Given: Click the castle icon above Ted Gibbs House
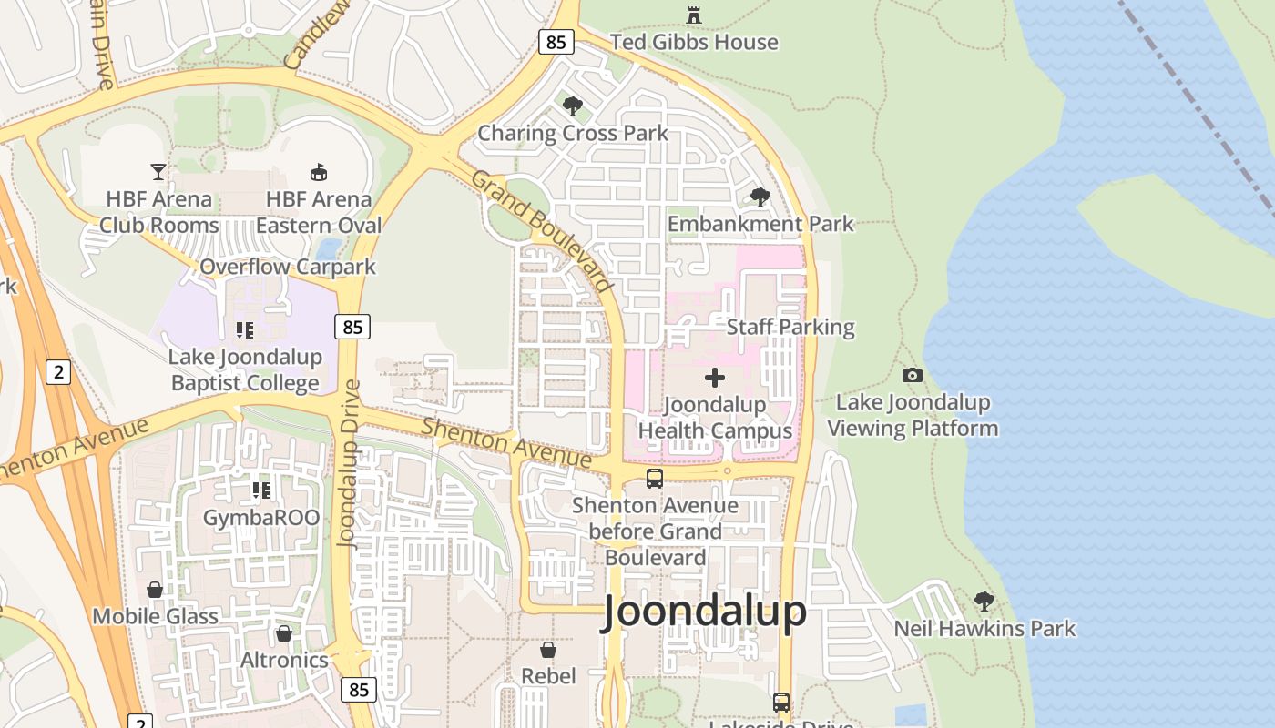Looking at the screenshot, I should pos(694,15).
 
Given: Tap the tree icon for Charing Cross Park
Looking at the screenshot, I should pos(573,106).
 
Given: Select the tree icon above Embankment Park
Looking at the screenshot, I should pos(760,197).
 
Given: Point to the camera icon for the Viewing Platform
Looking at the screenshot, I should pos(912,375).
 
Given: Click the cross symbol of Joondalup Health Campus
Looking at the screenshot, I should pos(715,377).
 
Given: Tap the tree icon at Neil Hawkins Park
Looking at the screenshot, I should pos(984,601).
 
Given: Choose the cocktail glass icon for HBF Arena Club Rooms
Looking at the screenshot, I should pos(158,171).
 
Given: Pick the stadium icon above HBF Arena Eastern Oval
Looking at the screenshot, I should pos(319,172).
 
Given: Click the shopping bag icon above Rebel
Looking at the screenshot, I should pos(548,649).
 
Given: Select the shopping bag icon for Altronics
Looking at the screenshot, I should pos(284,632).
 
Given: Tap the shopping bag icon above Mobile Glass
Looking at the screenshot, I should pos(155,590).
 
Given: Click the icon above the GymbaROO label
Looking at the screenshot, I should pos(261,490).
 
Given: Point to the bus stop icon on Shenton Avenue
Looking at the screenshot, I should pos(654,478).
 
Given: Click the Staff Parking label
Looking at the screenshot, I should pos(790,327).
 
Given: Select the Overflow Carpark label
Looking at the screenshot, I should pos(288,267).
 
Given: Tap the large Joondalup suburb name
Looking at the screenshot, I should pos(704,612).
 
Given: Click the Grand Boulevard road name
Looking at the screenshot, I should pos(541,231).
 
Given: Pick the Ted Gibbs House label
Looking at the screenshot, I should pos(694,42).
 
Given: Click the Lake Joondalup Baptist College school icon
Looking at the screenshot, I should pos(244,329).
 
